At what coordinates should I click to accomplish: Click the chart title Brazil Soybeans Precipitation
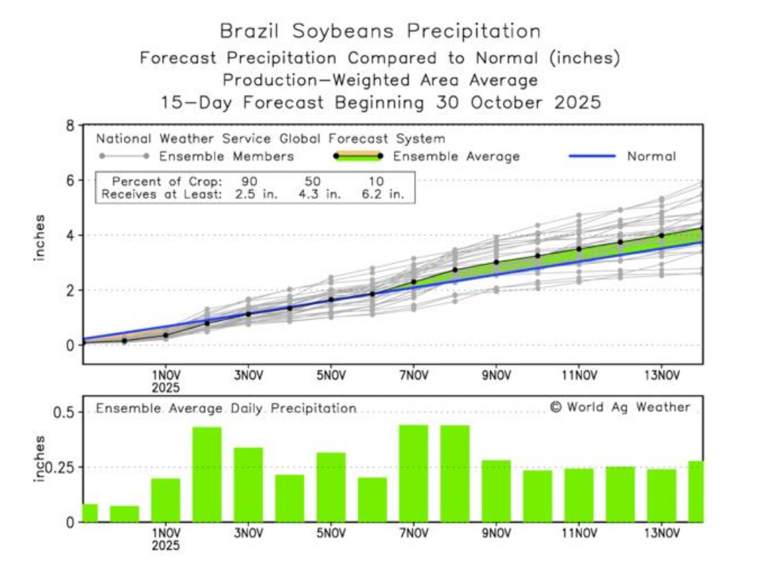coord(380,31)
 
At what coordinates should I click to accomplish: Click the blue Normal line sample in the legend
coord(592,156)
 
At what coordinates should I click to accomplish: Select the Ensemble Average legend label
coord(457,156)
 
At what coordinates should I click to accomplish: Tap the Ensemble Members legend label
coord(226,156)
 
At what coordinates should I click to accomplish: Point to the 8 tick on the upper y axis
coord(70,126)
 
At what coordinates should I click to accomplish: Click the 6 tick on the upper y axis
coord(70,181)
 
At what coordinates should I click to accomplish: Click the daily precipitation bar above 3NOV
coord(248,485)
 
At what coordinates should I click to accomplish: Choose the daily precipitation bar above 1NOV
coord(166,500)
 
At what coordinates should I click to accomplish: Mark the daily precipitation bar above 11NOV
coord(579,495)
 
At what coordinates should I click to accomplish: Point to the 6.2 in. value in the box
coord(387,193)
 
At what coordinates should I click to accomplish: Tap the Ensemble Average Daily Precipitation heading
coord(226,408)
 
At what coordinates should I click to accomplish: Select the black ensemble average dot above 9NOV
coord(497,263)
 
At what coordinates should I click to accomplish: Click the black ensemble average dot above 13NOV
coord(662,236)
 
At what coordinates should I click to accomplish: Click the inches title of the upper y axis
coord(40,236)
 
